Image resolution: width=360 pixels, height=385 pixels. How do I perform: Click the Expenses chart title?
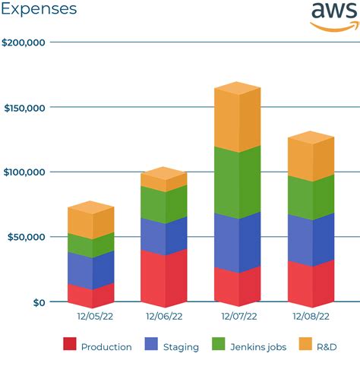(39, 10)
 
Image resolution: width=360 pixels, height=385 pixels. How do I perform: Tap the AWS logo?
(333, 16)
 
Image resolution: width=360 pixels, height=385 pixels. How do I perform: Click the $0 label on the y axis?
(38, 302)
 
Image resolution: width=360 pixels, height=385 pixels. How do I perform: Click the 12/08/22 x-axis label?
(311, 316)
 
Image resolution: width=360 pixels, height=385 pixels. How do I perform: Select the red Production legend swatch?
(70, 343)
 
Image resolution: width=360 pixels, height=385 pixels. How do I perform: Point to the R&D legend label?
(327, 347)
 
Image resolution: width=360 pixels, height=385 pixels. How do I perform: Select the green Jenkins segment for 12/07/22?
(238, 184)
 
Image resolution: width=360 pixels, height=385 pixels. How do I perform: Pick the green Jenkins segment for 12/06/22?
(164, 204)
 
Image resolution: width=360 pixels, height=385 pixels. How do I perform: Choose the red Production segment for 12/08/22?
(311, 282)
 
